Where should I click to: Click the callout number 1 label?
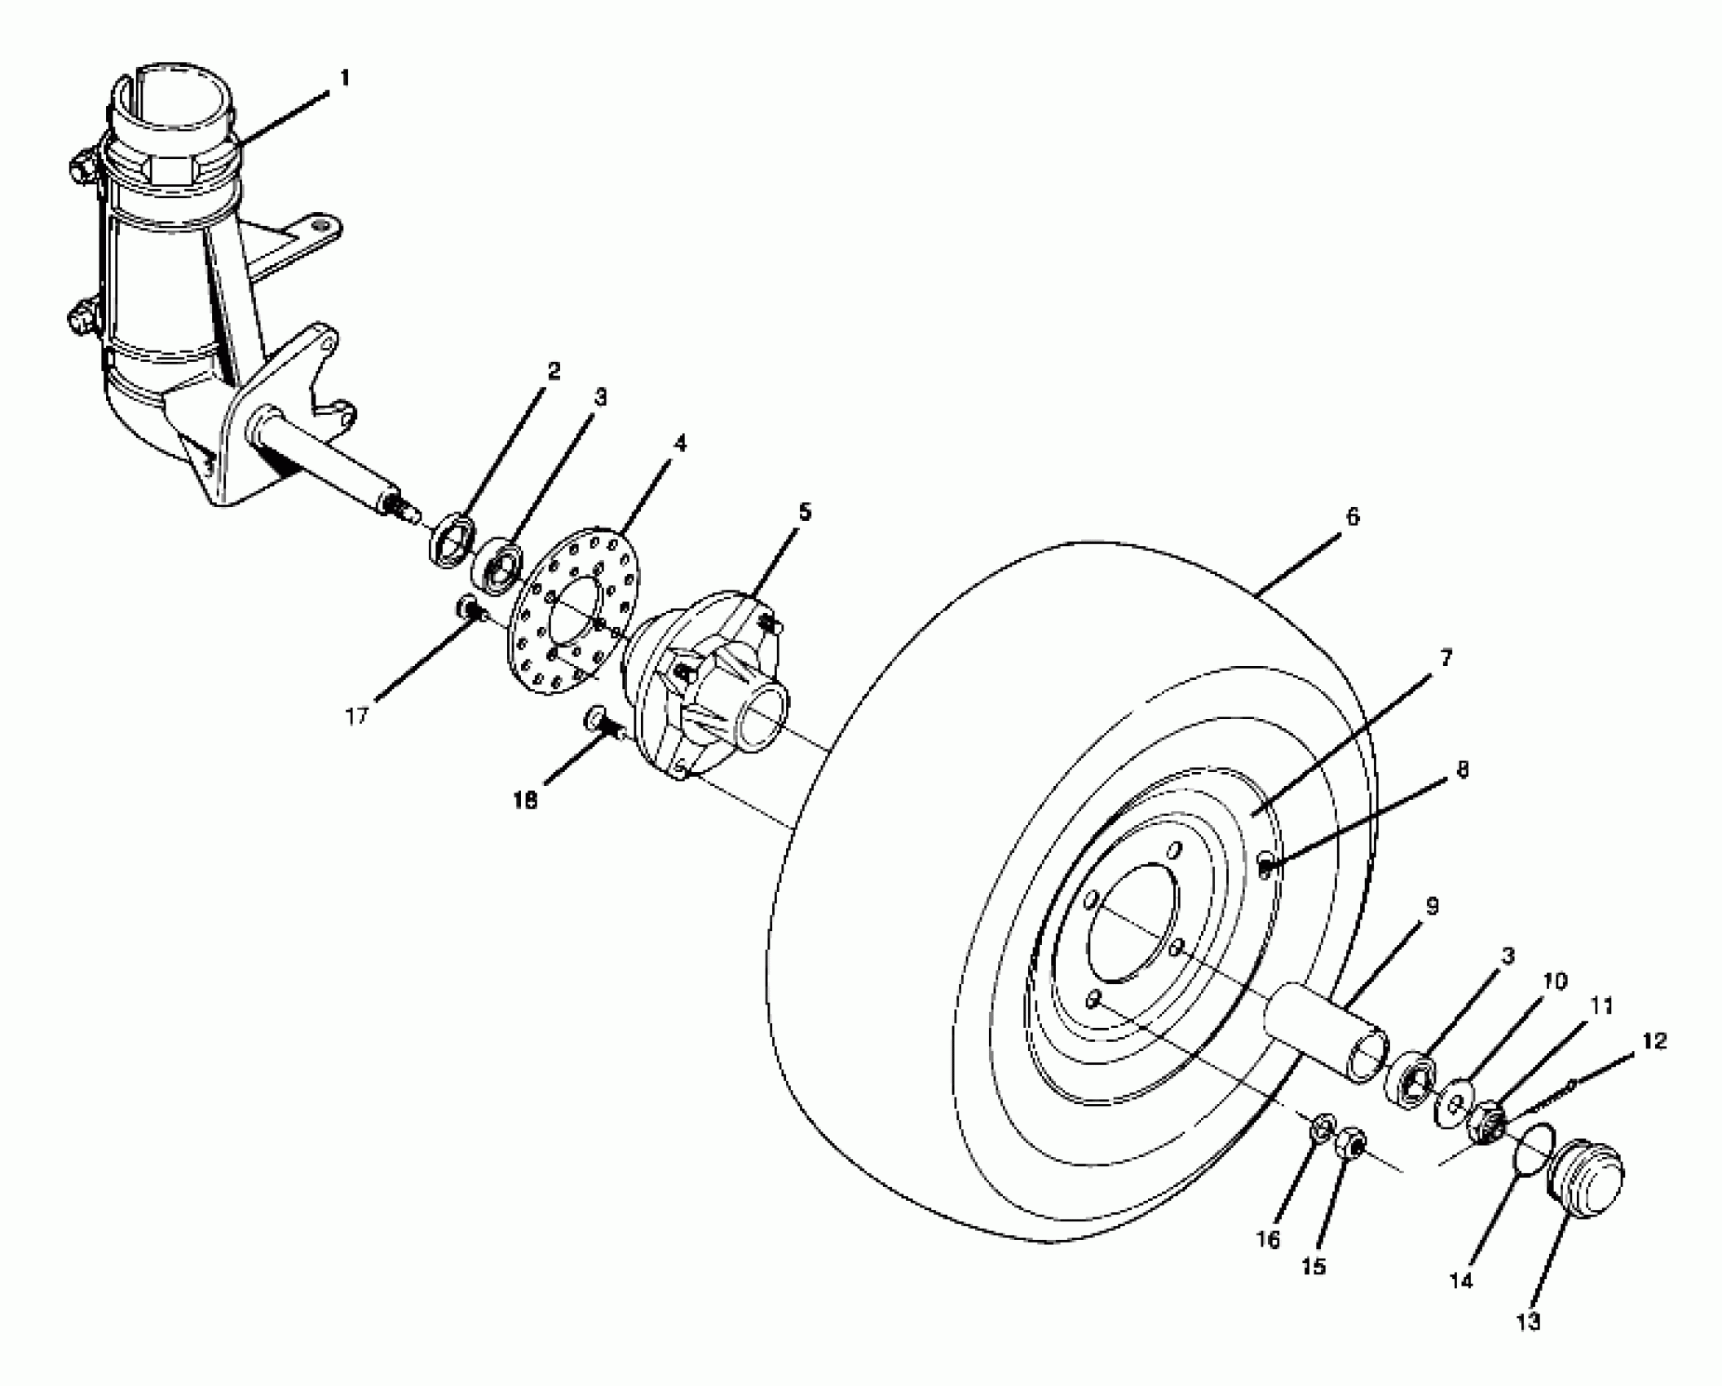pyautogui.click(x=345, y=78)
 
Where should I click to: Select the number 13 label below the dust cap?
pyautogui.click(x=1530, y=1321)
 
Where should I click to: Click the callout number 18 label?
pyautogui.click(x=526, y=801)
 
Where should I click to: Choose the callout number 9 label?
pyautogui.click(x=1432, y=905)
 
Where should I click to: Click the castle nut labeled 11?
pyautogui.click(x=1489, y=1125)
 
